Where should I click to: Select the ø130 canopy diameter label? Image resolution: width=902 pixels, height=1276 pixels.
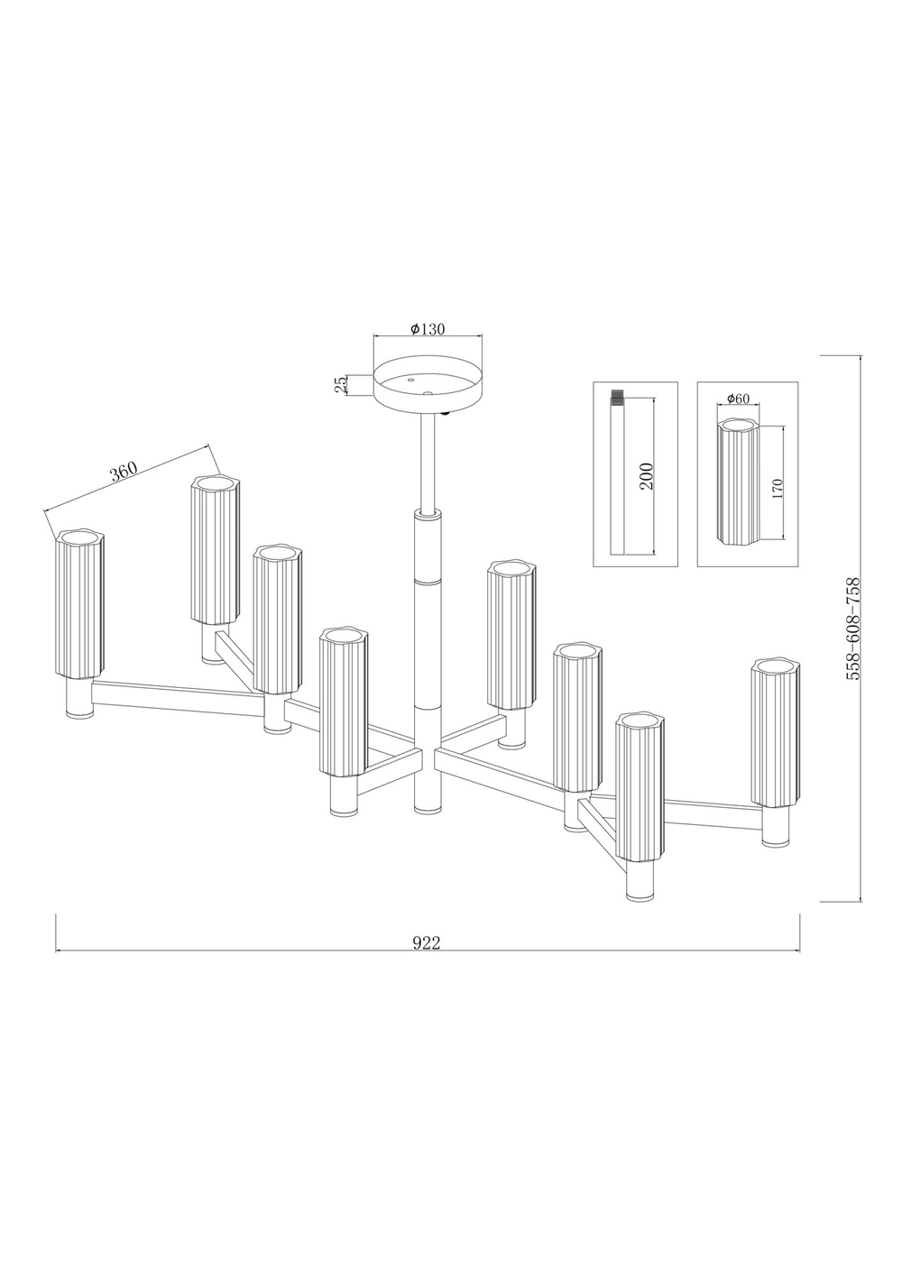[x=427, y=328]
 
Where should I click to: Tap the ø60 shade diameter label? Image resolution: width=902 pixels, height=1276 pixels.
[x=738, y=399]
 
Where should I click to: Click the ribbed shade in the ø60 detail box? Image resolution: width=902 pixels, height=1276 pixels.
[x=739, y=482]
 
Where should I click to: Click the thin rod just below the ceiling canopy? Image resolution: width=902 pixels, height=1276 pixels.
[x=428, y=462]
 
